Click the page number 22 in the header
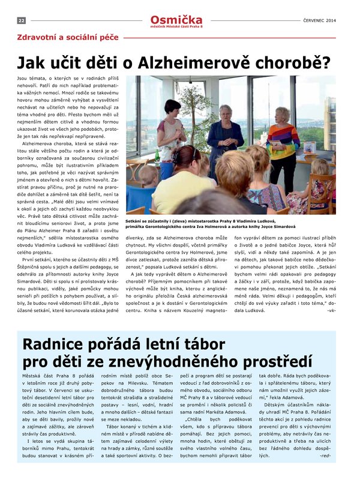pos(21,20)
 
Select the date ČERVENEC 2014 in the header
pos(319,20)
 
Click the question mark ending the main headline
pos(325,62)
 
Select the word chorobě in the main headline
pos(287,62)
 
